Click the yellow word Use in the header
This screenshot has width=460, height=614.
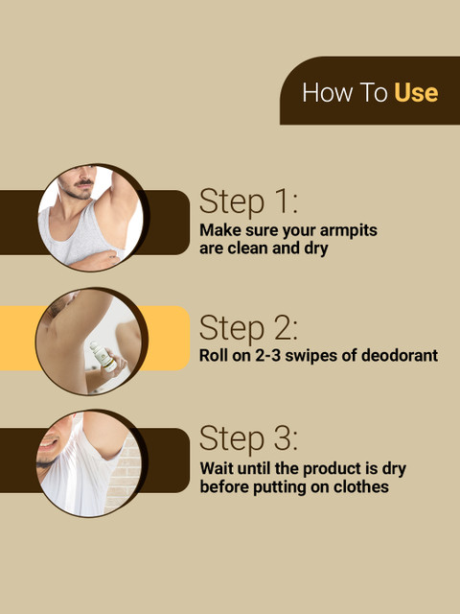pyautogui.click(x=416, y=93)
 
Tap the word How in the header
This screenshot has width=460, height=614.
pyautogui.click(x=327, y=93)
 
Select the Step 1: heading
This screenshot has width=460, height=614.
pyautogui.click(x=248, y=202)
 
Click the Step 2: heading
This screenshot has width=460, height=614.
pyautogui.click(x=248, y=328)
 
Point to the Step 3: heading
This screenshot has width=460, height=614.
pyautogui.click(x=248, y=438)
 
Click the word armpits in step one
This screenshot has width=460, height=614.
pyautogui.click(x=349, y=230)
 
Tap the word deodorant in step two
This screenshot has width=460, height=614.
pyautogui.click(x=400, y=355)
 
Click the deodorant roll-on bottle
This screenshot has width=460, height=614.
pyautogui.click(x=103, y=357)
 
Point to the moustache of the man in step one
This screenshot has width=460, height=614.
pyautogui.click(x=83, y=183)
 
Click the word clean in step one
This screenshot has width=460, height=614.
pyautogui.click(x=248, y=248)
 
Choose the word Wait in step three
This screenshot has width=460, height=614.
pyautogui.click(x=217, y=468)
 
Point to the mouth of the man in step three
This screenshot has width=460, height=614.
pyautogui.click(x=50, y=443)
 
